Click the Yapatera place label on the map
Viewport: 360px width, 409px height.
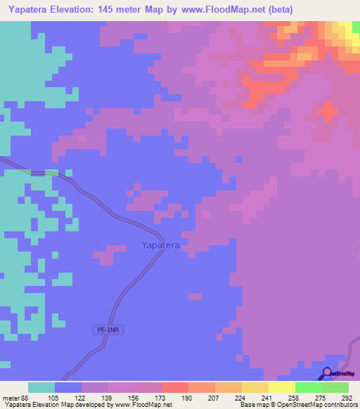click(161, 245)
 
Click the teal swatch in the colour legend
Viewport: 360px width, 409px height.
click(41, 387)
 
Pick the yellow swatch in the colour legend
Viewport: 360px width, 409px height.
click(281, 387)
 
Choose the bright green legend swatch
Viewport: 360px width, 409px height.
click(308, 387)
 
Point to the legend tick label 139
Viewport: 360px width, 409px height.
click(108, 398)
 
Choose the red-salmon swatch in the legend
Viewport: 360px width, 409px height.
click(174, 387)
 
